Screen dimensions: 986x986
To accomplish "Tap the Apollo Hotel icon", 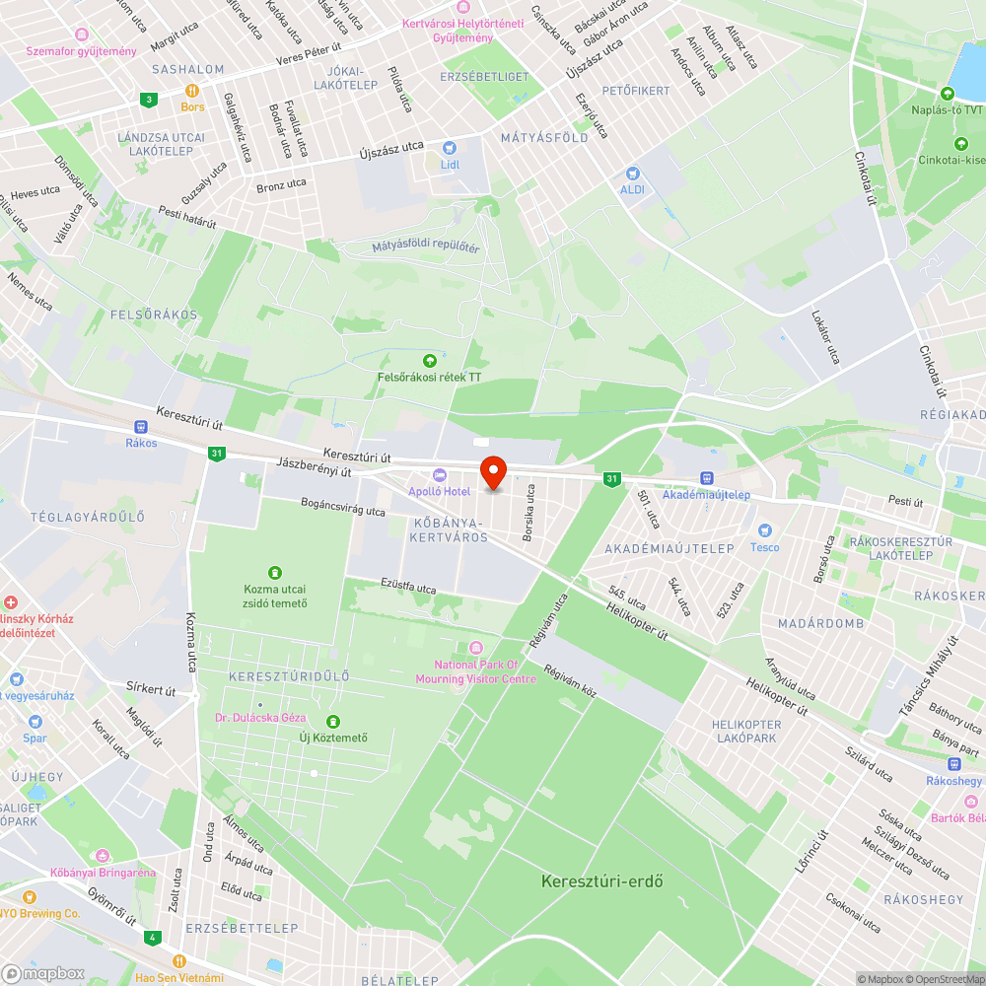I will (440, 475).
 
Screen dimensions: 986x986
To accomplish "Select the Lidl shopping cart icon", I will (450, 147).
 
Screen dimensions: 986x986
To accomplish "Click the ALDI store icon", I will (632, 173).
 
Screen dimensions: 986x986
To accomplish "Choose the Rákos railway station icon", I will (141, 427).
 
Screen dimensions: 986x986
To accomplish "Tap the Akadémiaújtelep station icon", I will (706, 478).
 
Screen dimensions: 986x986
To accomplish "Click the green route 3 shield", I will (149, 99).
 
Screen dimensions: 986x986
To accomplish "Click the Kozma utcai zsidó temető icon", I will (274, 572).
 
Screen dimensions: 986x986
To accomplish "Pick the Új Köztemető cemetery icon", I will (333, 722).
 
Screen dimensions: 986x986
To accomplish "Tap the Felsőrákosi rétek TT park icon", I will (429, 360).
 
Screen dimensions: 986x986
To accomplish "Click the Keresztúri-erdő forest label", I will (601, 880).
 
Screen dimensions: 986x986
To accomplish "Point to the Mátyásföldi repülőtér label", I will (426, 246).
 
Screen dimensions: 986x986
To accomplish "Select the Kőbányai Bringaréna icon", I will (103, 856).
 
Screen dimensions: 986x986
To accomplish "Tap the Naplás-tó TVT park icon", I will (948, 94).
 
